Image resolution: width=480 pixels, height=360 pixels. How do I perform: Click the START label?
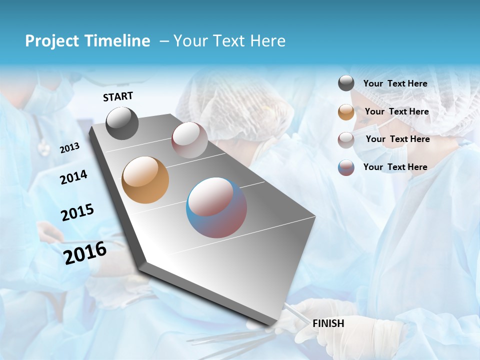point(118,96)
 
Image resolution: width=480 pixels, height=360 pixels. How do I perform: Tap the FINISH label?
point(328,323)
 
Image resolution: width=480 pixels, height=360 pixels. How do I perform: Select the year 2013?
point(69,148)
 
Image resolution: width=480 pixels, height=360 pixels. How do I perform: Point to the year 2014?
point(73,177)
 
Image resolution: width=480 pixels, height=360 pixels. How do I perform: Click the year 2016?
point(85,252)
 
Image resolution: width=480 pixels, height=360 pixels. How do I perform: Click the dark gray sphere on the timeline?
point(122,123)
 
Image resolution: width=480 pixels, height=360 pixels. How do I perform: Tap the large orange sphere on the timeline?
point(145,180)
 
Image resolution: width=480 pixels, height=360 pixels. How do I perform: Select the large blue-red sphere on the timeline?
point(216,207)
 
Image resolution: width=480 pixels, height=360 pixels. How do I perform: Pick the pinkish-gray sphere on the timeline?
point(189,140)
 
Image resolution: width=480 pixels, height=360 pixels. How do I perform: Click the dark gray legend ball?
point(346,83)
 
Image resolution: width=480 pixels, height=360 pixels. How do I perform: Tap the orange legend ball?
point(346,112)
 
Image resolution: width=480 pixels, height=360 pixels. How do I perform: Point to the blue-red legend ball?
point(346,167)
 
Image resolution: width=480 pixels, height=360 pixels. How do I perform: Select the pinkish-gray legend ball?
point(346,140)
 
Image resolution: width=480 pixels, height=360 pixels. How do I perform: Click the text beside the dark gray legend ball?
point(395,83)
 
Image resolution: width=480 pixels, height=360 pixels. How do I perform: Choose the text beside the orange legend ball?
point(396,111)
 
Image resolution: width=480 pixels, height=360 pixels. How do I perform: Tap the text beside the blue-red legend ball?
point(395,167)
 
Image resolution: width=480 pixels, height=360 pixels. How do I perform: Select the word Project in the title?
point(51,41)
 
